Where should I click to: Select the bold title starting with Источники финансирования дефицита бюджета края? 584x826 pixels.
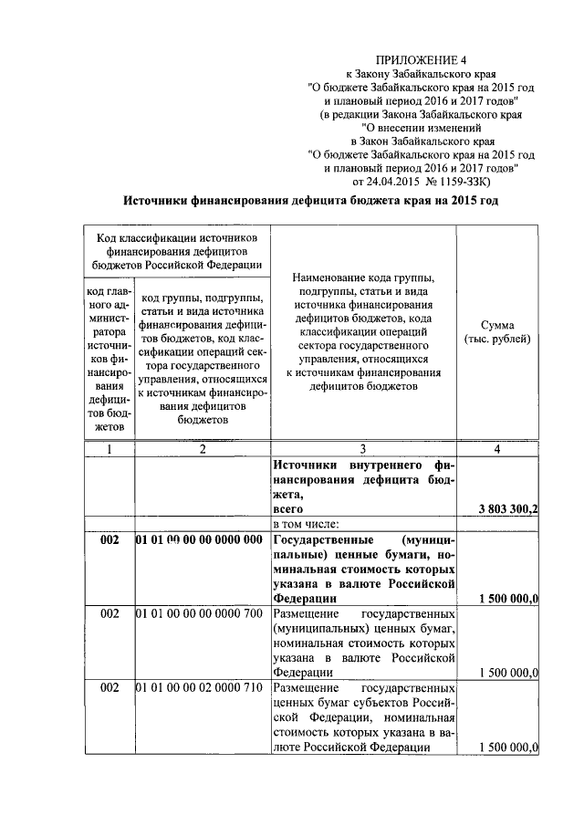click(x=311, y=201)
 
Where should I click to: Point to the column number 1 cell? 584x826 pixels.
click(x=109, y=448)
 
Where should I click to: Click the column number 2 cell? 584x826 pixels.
click(x=202, y=448)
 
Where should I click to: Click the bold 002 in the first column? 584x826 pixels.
click(x=109, y=539)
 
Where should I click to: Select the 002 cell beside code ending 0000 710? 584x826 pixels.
click(x=109, y=687)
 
